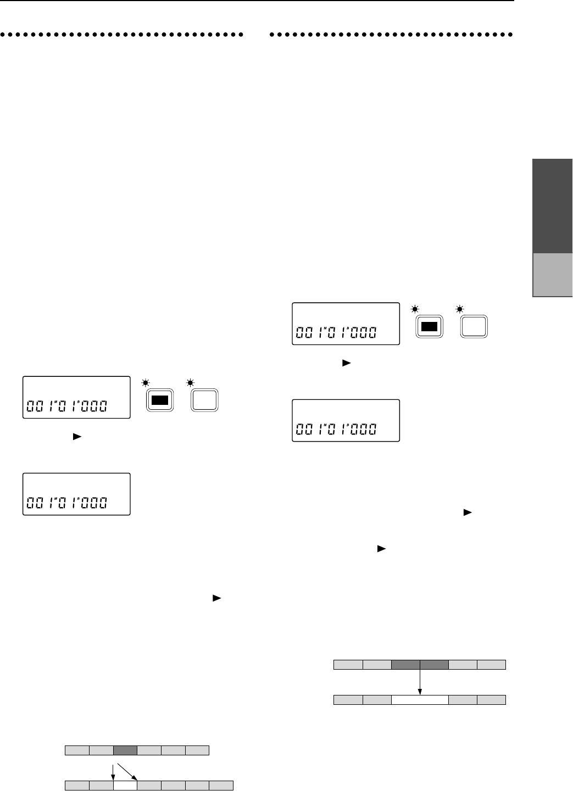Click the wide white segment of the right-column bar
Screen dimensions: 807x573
coord(420,700)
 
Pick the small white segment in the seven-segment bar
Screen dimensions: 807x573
coord(125,785)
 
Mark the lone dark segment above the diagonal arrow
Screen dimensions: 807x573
coord(125,750)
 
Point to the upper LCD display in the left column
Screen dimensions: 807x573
coord(76,398)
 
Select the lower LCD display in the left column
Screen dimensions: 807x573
coord(76,494)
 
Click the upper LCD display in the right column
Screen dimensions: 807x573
coord(346,324)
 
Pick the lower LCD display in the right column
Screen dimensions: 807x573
coord(346,420)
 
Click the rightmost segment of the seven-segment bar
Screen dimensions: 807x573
coord(221,785)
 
